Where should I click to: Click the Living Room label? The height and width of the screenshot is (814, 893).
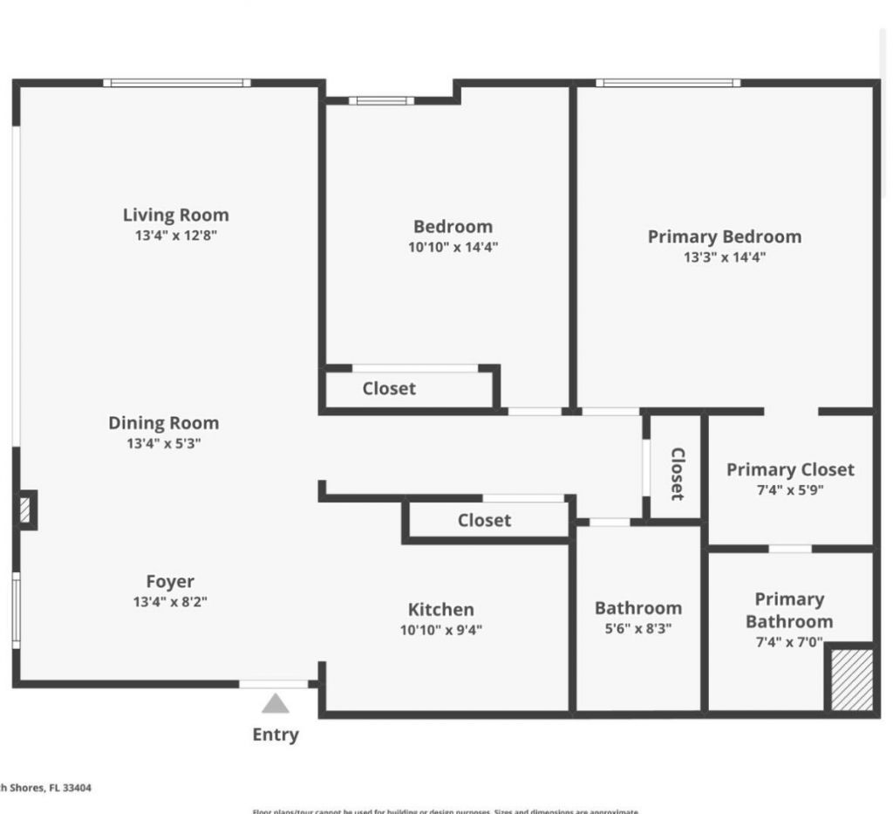coord(175,215)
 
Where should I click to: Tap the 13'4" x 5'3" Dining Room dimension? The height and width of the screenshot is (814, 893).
coord(164,443)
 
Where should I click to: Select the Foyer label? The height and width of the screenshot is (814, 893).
coord(170,581)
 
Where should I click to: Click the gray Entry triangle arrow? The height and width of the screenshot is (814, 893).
coord(276,703)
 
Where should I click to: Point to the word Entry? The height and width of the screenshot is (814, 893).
coord(276,735)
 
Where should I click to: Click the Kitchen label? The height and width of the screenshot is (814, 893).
coord(441,609)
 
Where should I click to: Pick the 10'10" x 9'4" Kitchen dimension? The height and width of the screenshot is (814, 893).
coord(441,630)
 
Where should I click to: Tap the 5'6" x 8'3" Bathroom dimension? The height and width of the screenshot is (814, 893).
coord(638,628)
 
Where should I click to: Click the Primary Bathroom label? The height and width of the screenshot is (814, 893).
coord(789,610)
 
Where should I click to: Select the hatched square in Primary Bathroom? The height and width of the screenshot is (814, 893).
coord(851,680)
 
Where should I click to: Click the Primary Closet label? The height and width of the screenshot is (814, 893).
coord(790,469)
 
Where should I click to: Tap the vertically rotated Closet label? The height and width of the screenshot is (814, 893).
coord(677,474)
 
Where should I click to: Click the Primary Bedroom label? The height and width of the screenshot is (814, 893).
coord(724,236)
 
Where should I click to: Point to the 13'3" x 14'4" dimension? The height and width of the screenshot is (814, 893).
coord(724,257)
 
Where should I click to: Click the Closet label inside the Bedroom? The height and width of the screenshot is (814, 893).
coord(389,388)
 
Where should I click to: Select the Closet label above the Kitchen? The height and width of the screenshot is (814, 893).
coord(484,520)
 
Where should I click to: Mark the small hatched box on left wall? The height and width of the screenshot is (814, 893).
coord(25,510)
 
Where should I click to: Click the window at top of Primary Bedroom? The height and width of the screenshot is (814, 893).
coord(668,83)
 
